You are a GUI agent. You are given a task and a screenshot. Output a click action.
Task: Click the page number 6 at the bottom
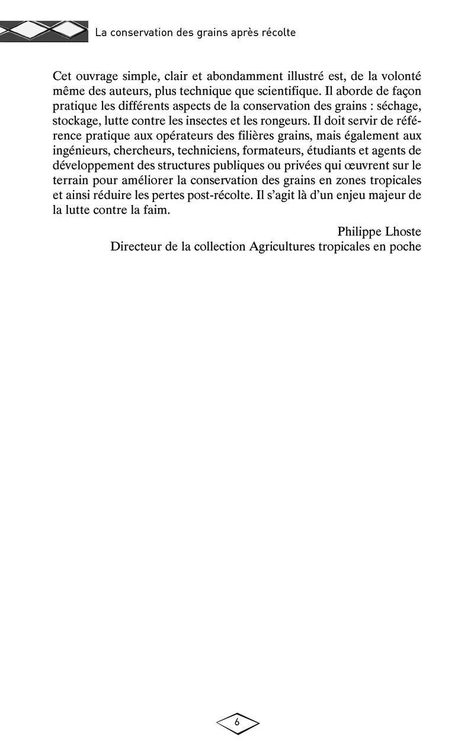(237, 722)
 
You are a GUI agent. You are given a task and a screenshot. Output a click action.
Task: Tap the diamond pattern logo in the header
(44, 30)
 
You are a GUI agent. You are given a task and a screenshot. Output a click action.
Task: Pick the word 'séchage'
(399, 107)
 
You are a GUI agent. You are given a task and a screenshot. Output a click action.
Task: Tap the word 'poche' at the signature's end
(406, 247)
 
